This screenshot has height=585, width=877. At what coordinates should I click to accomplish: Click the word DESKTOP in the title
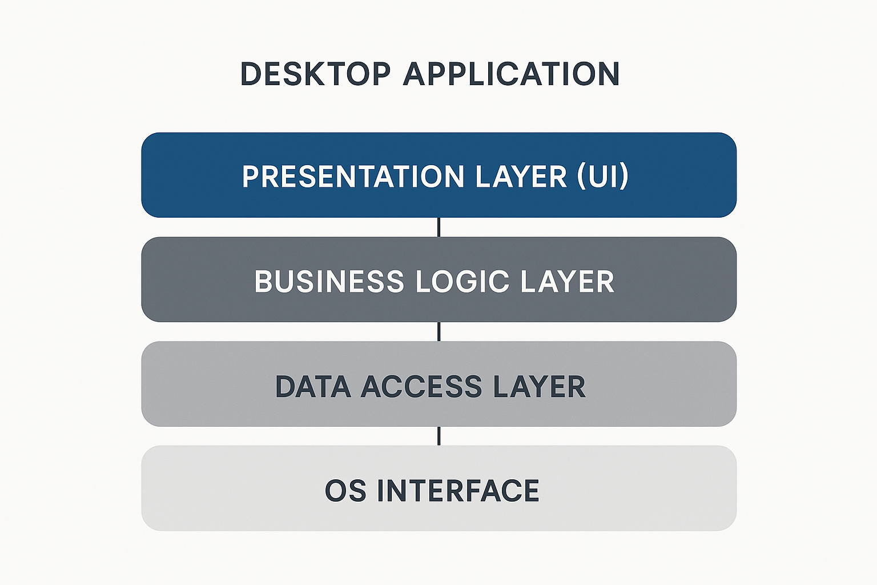pos(315,74)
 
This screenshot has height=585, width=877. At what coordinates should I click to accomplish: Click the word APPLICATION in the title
pos(511,74)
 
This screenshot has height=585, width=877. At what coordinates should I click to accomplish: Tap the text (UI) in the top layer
pos(603,176)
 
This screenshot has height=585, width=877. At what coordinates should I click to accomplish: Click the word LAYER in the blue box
pos(521,176)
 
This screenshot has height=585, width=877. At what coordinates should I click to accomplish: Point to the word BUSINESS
pos(329,282)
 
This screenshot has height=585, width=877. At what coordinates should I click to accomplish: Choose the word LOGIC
pos(462,282)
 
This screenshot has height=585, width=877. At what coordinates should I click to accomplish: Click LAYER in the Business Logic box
pos(568,282)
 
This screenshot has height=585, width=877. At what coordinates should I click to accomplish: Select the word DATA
pos(313,387)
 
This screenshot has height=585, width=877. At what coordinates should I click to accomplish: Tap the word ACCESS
pos(421,387)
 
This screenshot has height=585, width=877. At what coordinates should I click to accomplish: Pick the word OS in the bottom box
pos(345,491)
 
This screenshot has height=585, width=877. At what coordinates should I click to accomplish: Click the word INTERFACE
pos(458,491)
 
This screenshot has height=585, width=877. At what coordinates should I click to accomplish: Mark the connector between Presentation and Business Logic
pos(438,227)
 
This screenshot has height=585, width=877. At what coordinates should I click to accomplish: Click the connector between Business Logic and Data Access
pos(438,331)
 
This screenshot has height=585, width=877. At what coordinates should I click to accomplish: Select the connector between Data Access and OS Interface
pos(438,436)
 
